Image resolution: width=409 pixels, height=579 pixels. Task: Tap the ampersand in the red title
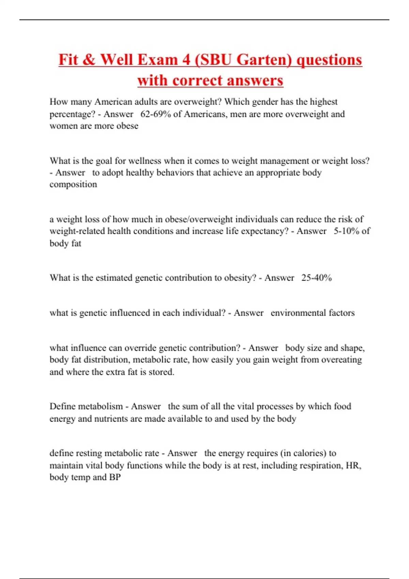(x=89, y=60)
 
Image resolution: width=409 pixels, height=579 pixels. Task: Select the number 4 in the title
(x=186, y=60)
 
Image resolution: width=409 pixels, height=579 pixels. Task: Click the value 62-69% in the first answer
(x=155, y=114)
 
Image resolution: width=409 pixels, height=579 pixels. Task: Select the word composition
(x=73, y=184)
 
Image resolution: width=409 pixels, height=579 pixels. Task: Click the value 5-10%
(x=346, y=231)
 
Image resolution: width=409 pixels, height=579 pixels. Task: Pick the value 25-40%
(x=316, y=278)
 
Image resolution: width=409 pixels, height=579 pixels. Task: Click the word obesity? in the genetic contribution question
(x=240, y=278)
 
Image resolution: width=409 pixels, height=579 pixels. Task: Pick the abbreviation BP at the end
(x=115, y=477)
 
